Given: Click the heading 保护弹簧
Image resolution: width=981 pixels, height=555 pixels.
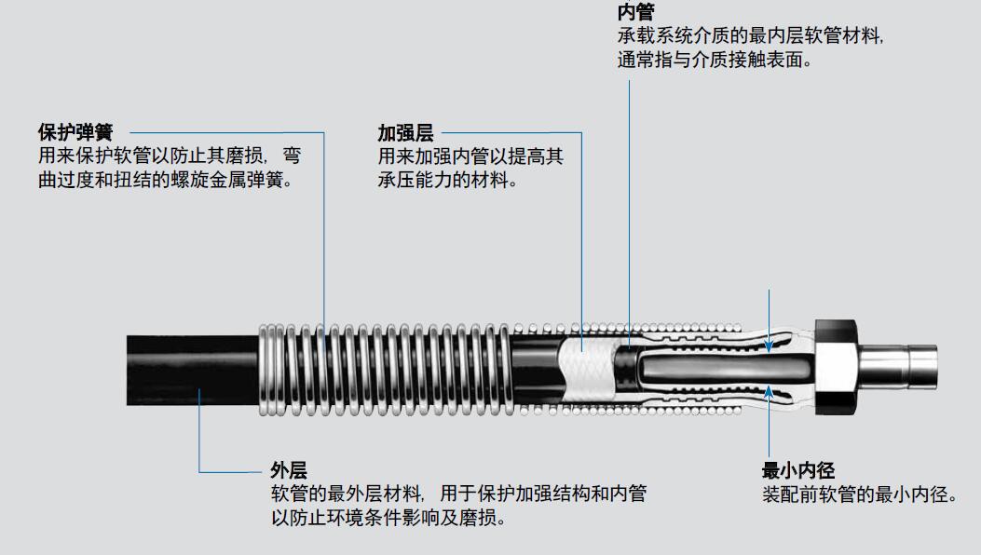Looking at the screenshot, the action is tap(75, 132).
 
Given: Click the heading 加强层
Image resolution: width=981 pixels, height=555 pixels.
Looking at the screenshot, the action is tap(405, 132).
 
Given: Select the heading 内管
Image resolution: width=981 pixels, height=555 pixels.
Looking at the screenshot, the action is tap(635, 12).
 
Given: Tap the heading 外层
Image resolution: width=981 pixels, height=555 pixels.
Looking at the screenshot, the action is tap(289, 470).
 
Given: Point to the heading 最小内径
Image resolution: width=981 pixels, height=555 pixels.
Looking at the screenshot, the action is tap(797, 470).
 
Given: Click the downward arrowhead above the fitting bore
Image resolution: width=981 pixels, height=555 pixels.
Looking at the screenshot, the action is tap(769, 345).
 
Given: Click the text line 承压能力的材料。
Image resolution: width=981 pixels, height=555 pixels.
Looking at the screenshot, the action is tap(448, 181).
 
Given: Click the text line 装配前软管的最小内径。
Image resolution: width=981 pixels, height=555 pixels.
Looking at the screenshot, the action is tap(860, 494).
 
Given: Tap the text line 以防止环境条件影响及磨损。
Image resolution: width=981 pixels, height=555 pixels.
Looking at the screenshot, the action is tap(388, 518).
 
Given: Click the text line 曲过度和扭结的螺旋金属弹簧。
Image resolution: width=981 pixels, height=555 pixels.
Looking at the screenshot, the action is tap(166, 181).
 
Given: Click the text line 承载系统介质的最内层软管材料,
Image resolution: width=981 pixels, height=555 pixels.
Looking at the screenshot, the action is tap(750, 35).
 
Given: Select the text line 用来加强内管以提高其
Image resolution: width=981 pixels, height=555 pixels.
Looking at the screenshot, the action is tap(470, 156).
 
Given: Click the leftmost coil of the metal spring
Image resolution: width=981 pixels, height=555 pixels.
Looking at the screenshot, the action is tap(264, 369).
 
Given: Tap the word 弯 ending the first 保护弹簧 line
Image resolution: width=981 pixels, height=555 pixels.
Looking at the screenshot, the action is tap(292, 156).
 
